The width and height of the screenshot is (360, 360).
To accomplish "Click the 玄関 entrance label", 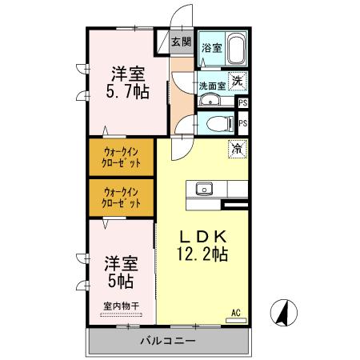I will coord(181,42).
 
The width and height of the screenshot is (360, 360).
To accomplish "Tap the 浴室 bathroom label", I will coord(211,49).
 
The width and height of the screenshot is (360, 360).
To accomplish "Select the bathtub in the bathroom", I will coord(235,50).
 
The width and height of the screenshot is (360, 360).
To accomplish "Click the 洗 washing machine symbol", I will coord(238,80).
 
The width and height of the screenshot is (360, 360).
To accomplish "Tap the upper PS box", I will coord(242,103).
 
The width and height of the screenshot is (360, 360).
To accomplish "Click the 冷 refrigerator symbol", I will coord(238,147).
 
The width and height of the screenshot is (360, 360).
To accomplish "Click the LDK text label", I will coord(202,238).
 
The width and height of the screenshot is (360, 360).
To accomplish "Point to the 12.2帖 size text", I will coord(202,255).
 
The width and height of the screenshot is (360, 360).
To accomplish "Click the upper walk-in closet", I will coord(121,157).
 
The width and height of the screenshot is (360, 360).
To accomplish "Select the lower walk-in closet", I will coord(121,198).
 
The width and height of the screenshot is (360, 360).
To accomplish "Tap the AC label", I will coord(236,311).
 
